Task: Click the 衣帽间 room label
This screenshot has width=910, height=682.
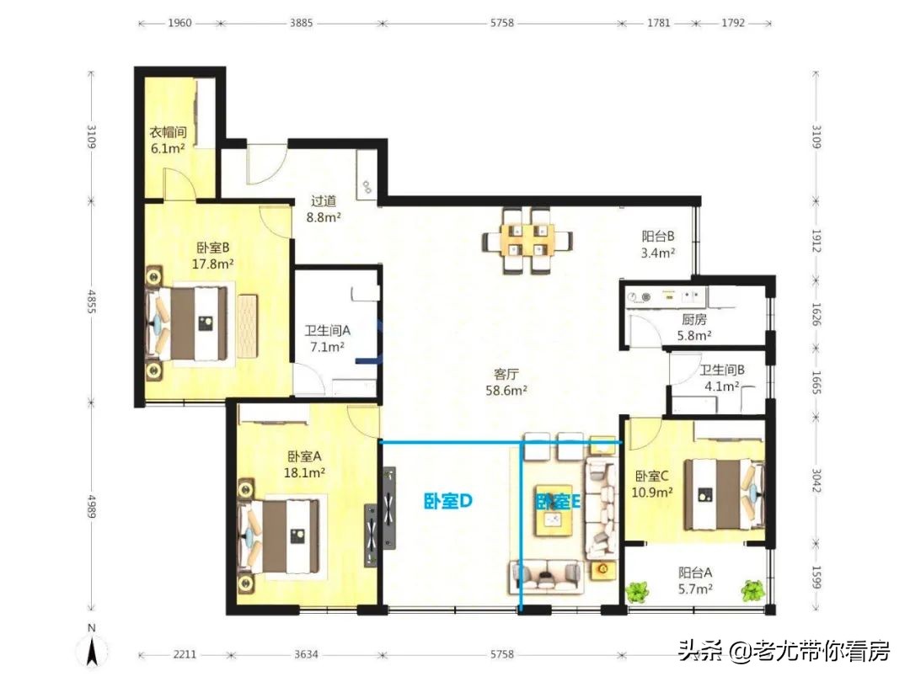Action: [x=169, y=132]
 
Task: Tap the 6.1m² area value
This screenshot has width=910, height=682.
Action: [x=168, y=148]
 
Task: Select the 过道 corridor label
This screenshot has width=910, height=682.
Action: [x=324, y=201]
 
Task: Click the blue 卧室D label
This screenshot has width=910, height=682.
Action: [x=448, y=501]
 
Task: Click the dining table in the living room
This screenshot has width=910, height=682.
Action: [x=527, y=239]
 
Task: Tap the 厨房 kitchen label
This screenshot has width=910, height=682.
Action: [x=694, y=320]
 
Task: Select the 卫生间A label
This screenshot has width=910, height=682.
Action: [x=327, y=331]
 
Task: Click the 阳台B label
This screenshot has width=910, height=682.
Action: [x=657, y=236]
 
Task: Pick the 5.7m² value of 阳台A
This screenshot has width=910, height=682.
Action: [x=695, y=589]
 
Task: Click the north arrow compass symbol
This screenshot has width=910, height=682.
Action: [x=92, y=648]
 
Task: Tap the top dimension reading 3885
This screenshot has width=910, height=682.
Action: [x=301, y=24]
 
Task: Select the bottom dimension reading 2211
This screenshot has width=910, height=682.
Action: [x=185, y=655]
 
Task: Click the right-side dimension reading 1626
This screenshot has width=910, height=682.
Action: [x=816, y=314]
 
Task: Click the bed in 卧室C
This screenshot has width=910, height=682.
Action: [x=723, y=495]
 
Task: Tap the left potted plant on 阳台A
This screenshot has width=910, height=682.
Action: [x=637, y=592]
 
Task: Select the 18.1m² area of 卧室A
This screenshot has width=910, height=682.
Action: [x=304, y=473]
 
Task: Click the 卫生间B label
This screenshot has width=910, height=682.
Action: [x=722, y=370]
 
